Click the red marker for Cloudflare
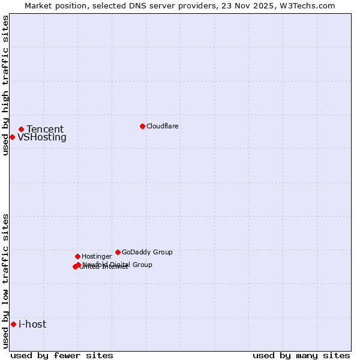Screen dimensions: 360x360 pyautogui.click(x=142, y=126)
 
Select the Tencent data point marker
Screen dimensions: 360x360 pyautogui.click(x=21, y=129)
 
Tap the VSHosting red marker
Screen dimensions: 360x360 pyautogui.click(x=12, y=137)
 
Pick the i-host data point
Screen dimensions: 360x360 pyautogui.click(x=13, y=324)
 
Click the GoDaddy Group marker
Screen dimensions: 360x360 pyautogui.click(x=118, y=252)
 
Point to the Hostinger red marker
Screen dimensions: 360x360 pyautogui.click(x=77, y=256)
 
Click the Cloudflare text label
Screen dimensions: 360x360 pyautogui.click(x=163, y=126)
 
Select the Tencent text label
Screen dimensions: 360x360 pyautogui.click(x=45, y=129)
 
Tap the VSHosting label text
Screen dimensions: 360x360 pyautogui.click(x=42, y=137)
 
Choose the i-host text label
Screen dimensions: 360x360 pyautogui.click(x=32, y=325)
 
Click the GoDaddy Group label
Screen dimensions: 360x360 pyautogui.click(x=147, y=252)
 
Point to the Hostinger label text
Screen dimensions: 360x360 pyautogui.click(x=97, y=256)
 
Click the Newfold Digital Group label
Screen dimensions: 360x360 pyautogui.click(x=118, y=265)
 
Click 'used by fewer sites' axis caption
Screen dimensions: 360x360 pyautogui.click(x=62, y=355)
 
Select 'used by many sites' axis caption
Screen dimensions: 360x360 pyautogui.click(x=301, y=355)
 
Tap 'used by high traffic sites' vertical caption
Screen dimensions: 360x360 pyautogui.click(x=5, y=85)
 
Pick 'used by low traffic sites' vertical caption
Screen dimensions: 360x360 pyautogui.click(x=5, y=281)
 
